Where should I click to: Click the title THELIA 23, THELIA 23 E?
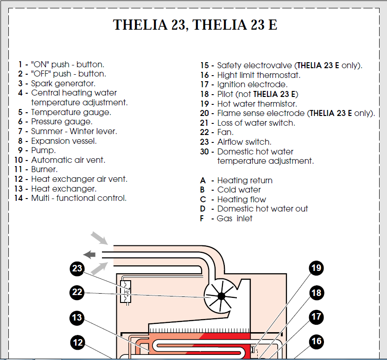195,25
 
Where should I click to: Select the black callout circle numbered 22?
77,292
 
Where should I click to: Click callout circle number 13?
77,318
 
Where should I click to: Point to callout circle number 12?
78,343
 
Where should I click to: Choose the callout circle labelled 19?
317,268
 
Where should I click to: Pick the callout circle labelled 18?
317,293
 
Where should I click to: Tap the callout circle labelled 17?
317,317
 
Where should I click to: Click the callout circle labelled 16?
317,342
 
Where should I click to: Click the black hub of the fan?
221,296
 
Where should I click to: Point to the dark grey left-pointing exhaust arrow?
89,254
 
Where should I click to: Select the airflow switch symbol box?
126,292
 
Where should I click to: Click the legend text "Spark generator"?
63,84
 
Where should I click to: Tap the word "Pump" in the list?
43,150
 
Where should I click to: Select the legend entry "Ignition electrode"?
252,84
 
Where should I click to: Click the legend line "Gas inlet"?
235,219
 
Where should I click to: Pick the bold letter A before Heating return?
203,180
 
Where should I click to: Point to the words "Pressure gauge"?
61,122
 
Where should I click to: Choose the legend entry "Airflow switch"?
244,142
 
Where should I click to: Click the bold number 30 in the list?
204,152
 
